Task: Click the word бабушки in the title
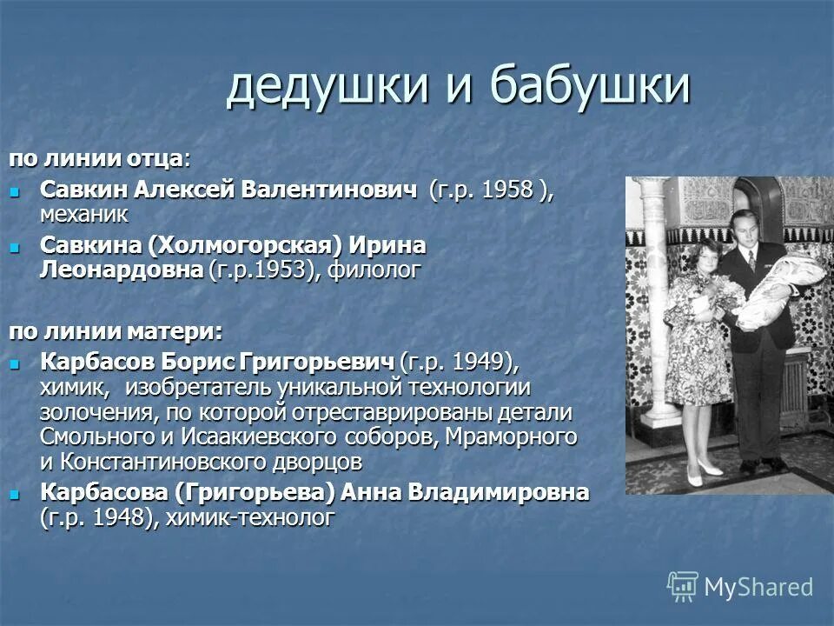[591, 87]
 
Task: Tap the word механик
[83, 213]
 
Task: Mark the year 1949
[473, 361]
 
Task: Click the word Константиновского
[173, 460]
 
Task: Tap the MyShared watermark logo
[741, 587]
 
